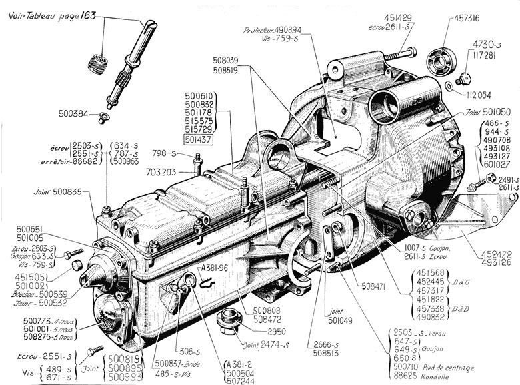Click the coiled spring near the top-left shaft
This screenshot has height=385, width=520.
point(98,65)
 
